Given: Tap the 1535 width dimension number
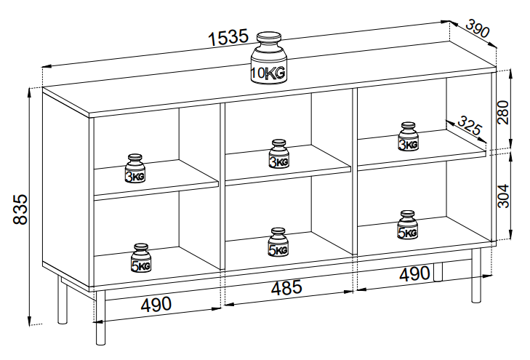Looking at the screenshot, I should [228, 39].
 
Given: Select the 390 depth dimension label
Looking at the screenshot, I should [477, 31].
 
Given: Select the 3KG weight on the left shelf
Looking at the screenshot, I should [135, 168].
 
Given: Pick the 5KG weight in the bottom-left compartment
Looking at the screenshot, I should [140, 258].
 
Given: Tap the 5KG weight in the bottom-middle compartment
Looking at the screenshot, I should [278, 242].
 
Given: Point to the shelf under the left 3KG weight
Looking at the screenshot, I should [156, 185].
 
